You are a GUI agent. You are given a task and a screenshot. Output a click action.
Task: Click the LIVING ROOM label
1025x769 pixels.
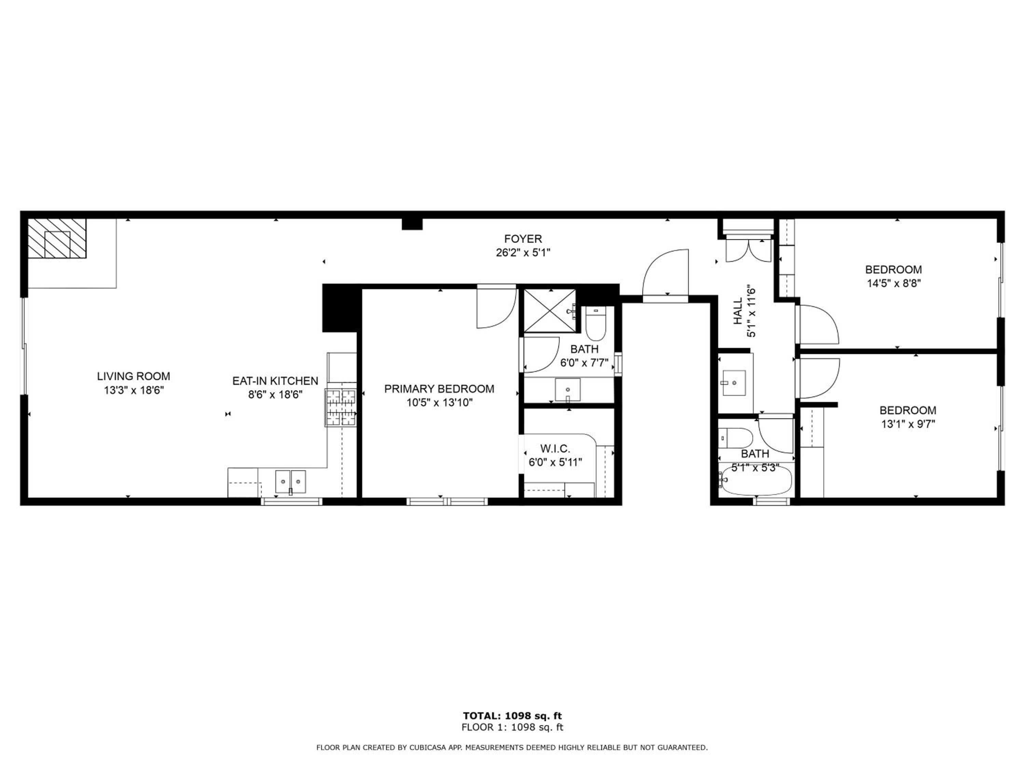pyautogui.click(x=134, y=376)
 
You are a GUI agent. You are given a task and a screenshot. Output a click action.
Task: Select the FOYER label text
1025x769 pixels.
pyautogui.click(x=523, y=239)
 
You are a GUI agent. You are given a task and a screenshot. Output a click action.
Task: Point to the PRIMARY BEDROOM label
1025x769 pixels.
pyautogui.click(x=439, y=389)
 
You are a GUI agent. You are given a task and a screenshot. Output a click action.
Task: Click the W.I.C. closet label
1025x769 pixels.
pyautogui.click(x=555, y=449)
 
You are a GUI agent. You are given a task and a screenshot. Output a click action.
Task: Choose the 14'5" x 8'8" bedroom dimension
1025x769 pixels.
pyautogui.click(x=894, y=283)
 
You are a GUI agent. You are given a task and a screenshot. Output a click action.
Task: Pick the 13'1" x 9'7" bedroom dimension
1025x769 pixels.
pyautogui.click(x=908, y=424)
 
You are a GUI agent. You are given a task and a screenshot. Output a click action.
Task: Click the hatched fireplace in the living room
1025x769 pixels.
pyautogui.click(x=57, y=238)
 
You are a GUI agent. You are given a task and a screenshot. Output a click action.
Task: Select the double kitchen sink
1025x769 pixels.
pyautogui.click(x=290, y=482)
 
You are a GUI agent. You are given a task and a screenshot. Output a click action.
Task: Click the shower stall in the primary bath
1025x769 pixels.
pyautogui.click(x=550, y=311)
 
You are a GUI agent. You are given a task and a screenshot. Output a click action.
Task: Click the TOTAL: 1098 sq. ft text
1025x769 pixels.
pyautogui.click(x=512, y=716)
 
